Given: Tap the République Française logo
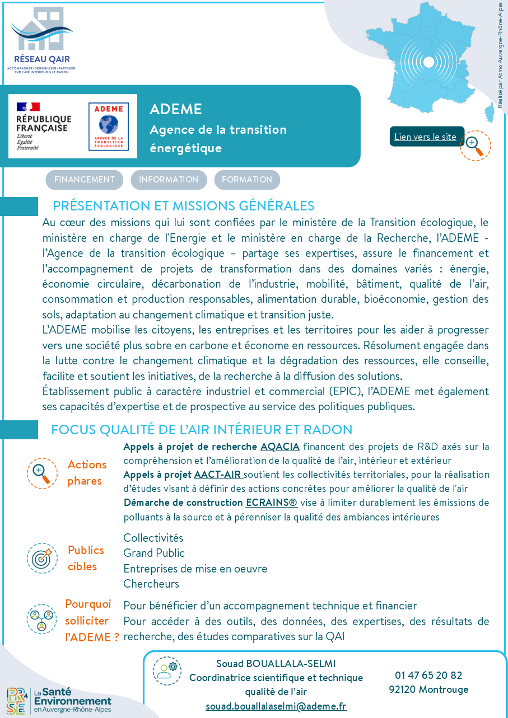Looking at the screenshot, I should [x=44, y=126].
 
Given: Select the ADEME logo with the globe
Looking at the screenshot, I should [x=108, y=126].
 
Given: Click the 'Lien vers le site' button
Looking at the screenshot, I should [x=426, y=137].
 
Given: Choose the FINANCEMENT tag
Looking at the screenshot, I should [x=85, y=180].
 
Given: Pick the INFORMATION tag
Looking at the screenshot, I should [x=169, y=180].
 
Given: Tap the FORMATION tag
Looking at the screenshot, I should [x=247, y=180].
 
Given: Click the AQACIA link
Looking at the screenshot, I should [x=280, y=447].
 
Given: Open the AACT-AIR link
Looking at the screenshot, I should [x=218, y=475].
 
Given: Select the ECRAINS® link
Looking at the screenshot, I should [x=272, y=503].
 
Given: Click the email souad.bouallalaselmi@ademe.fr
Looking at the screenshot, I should [x=276, y=706].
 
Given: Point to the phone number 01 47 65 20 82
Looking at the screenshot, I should [x=428, y=675].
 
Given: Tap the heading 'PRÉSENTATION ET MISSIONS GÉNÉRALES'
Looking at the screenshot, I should [x=184, y=206].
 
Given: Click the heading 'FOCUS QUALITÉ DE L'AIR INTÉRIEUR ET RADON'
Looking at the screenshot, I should [x=202, y=430].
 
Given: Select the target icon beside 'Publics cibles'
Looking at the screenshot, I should [x=42, y=558].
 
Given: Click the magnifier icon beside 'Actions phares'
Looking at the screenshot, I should [x=42, y=473].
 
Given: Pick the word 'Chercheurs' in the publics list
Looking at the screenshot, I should [x=151, y=584].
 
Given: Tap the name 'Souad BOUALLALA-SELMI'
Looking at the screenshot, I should [x=276, y=664].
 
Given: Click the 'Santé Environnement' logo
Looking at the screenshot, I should [x=59, y=701].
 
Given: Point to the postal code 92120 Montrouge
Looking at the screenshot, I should [x=428, y=689].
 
